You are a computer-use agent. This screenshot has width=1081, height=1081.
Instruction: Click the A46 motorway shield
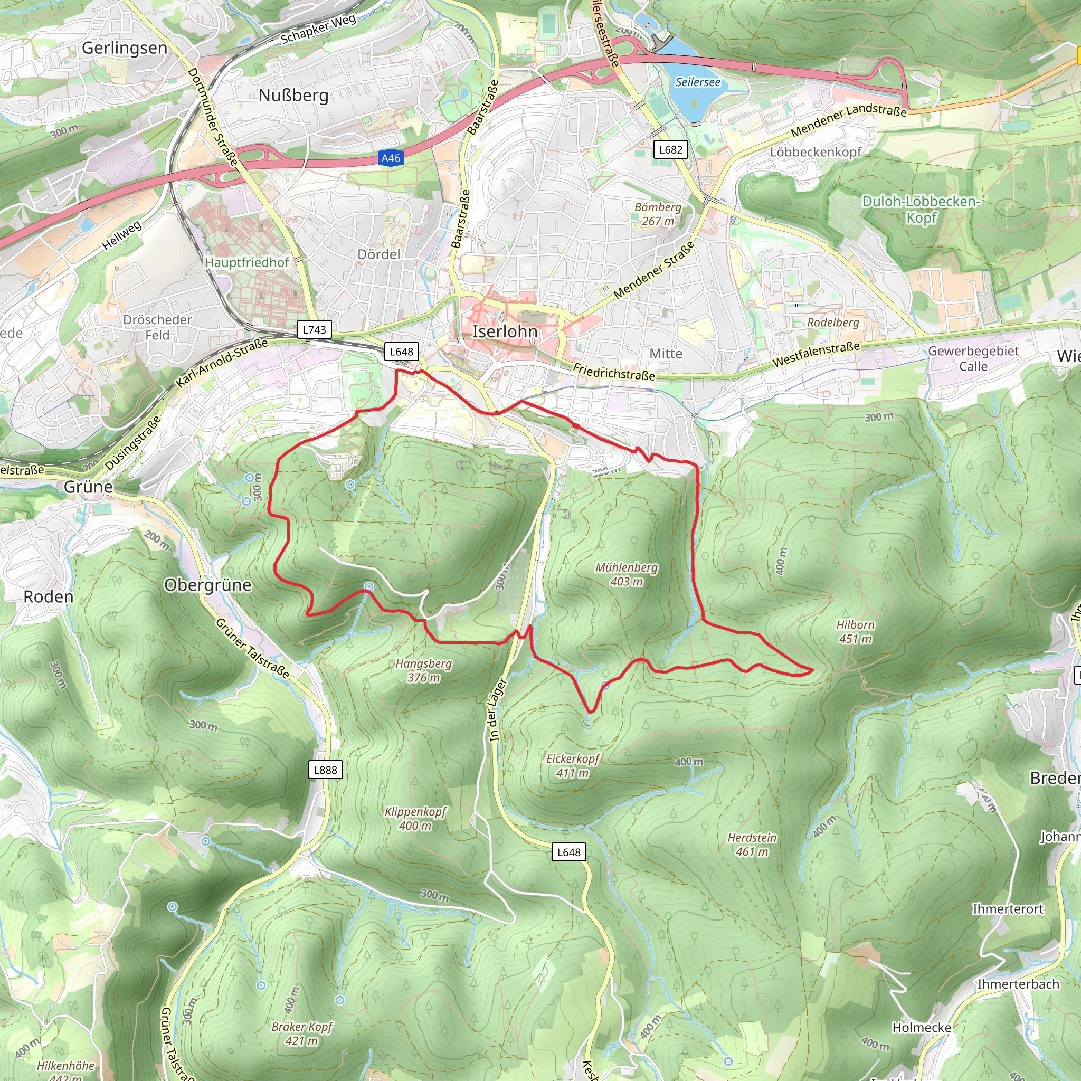(x=391, y=158)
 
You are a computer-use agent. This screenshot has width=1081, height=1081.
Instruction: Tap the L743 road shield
(x=314, y=329)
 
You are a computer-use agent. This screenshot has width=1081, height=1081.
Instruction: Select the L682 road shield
(x=670, y=149)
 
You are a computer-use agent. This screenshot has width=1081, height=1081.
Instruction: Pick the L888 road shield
(x=325, y=770)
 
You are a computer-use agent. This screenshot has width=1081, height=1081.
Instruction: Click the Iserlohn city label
(x=505, y=332)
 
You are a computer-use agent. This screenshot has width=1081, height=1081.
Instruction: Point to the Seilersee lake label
(x=698, y=82)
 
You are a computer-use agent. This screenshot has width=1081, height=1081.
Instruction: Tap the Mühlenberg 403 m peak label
(x=626, y=574)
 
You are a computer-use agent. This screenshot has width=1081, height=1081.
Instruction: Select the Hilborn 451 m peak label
(x=855, y=632)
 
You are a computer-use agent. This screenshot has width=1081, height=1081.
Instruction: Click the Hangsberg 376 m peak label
(x=423, y=670)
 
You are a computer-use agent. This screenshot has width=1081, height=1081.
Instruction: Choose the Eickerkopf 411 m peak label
(x=572, y=765)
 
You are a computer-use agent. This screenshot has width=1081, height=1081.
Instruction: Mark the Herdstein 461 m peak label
(x=752, y=845)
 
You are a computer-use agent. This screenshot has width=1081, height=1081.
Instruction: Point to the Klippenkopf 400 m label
(x=415, y=819)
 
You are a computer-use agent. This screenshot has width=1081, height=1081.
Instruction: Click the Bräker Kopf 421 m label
(x=301, y=1033)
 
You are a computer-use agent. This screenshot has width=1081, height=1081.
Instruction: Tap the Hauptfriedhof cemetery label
(x=246, y=262)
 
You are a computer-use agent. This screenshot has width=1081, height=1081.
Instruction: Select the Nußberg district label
(x=293, y=96)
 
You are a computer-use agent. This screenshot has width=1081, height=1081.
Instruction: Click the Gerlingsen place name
(x=124, y=48)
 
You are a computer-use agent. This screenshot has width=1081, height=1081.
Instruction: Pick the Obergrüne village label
(x=207, y=585)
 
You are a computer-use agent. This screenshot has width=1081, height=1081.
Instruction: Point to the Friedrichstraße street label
(x=614, y=372)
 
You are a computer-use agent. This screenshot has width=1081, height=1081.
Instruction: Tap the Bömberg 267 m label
(x=658, y=214)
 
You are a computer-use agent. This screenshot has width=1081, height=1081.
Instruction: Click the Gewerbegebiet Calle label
(x=973, y=358)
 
